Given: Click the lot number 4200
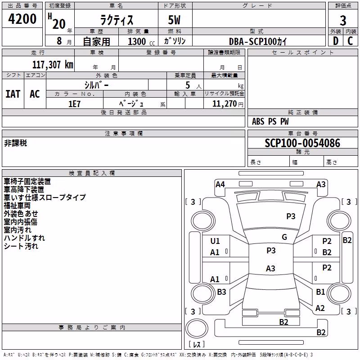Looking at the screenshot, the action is (x=22, y=19).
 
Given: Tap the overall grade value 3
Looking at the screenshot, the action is (x=343, y=20).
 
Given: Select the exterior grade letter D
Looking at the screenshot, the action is (x=336, y=41).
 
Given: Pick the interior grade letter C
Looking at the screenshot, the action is (x=350, y=41).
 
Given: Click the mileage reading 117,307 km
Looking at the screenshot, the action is (x=53, y=65).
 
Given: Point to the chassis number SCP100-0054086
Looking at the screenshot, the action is (x=302, y=143).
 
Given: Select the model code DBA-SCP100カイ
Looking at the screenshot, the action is (x=258, y=41).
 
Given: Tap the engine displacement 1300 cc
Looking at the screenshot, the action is (x=141, y=41).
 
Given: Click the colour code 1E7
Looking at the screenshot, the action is (x=74, y=104).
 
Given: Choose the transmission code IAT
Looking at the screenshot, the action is (x=13, y=94).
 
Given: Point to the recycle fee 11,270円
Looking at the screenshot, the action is (x=228, y=104).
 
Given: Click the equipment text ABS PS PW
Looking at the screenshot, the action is (x=270, y=121).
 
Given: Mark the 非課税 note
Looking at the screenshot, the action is (x=15, y=143).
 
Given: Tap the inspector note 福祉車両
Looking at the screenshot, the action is (x=17, y=206).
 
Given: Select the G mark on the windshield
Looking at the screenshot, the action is (x=284, y=237).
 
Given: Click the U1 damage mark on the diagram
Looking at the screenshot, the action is (x=215, y=241).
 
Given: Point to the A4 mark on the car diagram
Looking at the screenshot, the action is (x=220, y=184).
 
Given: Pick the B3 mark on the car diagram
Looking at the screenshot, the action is (x=221, y=292).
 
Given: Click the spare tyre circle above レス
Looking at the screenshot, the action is (x=197, y=328).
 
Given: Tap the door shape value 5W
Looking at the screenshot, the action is (x=174, y=20).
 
